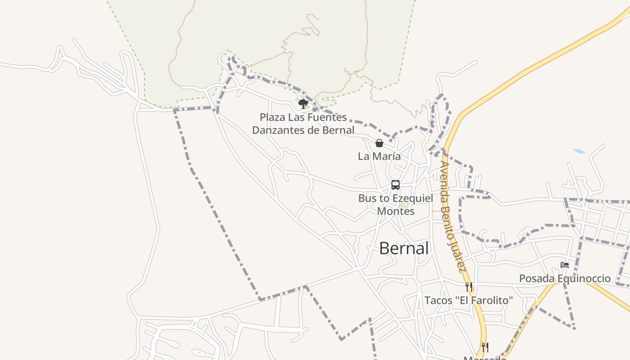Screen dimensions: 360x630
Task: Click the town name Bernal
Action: click(x=404, y=248)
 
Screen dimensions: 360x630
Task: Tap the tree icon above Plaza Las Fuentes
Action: click(x=303, y=104)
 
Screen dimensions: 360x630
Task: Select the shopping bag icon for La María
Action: click(x=379, y=143)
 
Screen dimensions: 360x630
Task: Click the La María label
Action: click(x=379, y=156)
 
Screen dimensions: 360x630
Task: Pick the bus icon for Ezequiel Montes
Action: click(x=395, y=185)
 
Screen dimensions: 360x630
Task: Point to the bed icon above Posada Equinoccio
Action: click(x=565, y=265)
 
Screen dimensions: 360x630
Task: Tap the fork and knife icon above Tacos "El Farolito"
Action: click(x=469, y=287)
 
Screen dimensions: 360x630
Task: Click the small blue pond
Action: click(x=580, y=151)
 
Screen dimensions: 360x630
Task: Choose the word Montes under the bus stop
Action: click(x=396, y=211)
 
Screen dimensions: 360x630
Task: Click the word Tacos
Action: click(x=438, y=300)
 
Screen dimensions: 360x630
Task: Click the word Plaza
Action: click(x=273, y=117)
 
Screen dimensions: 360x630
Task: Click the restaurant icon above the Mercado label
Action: click(x=485, y=347)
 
